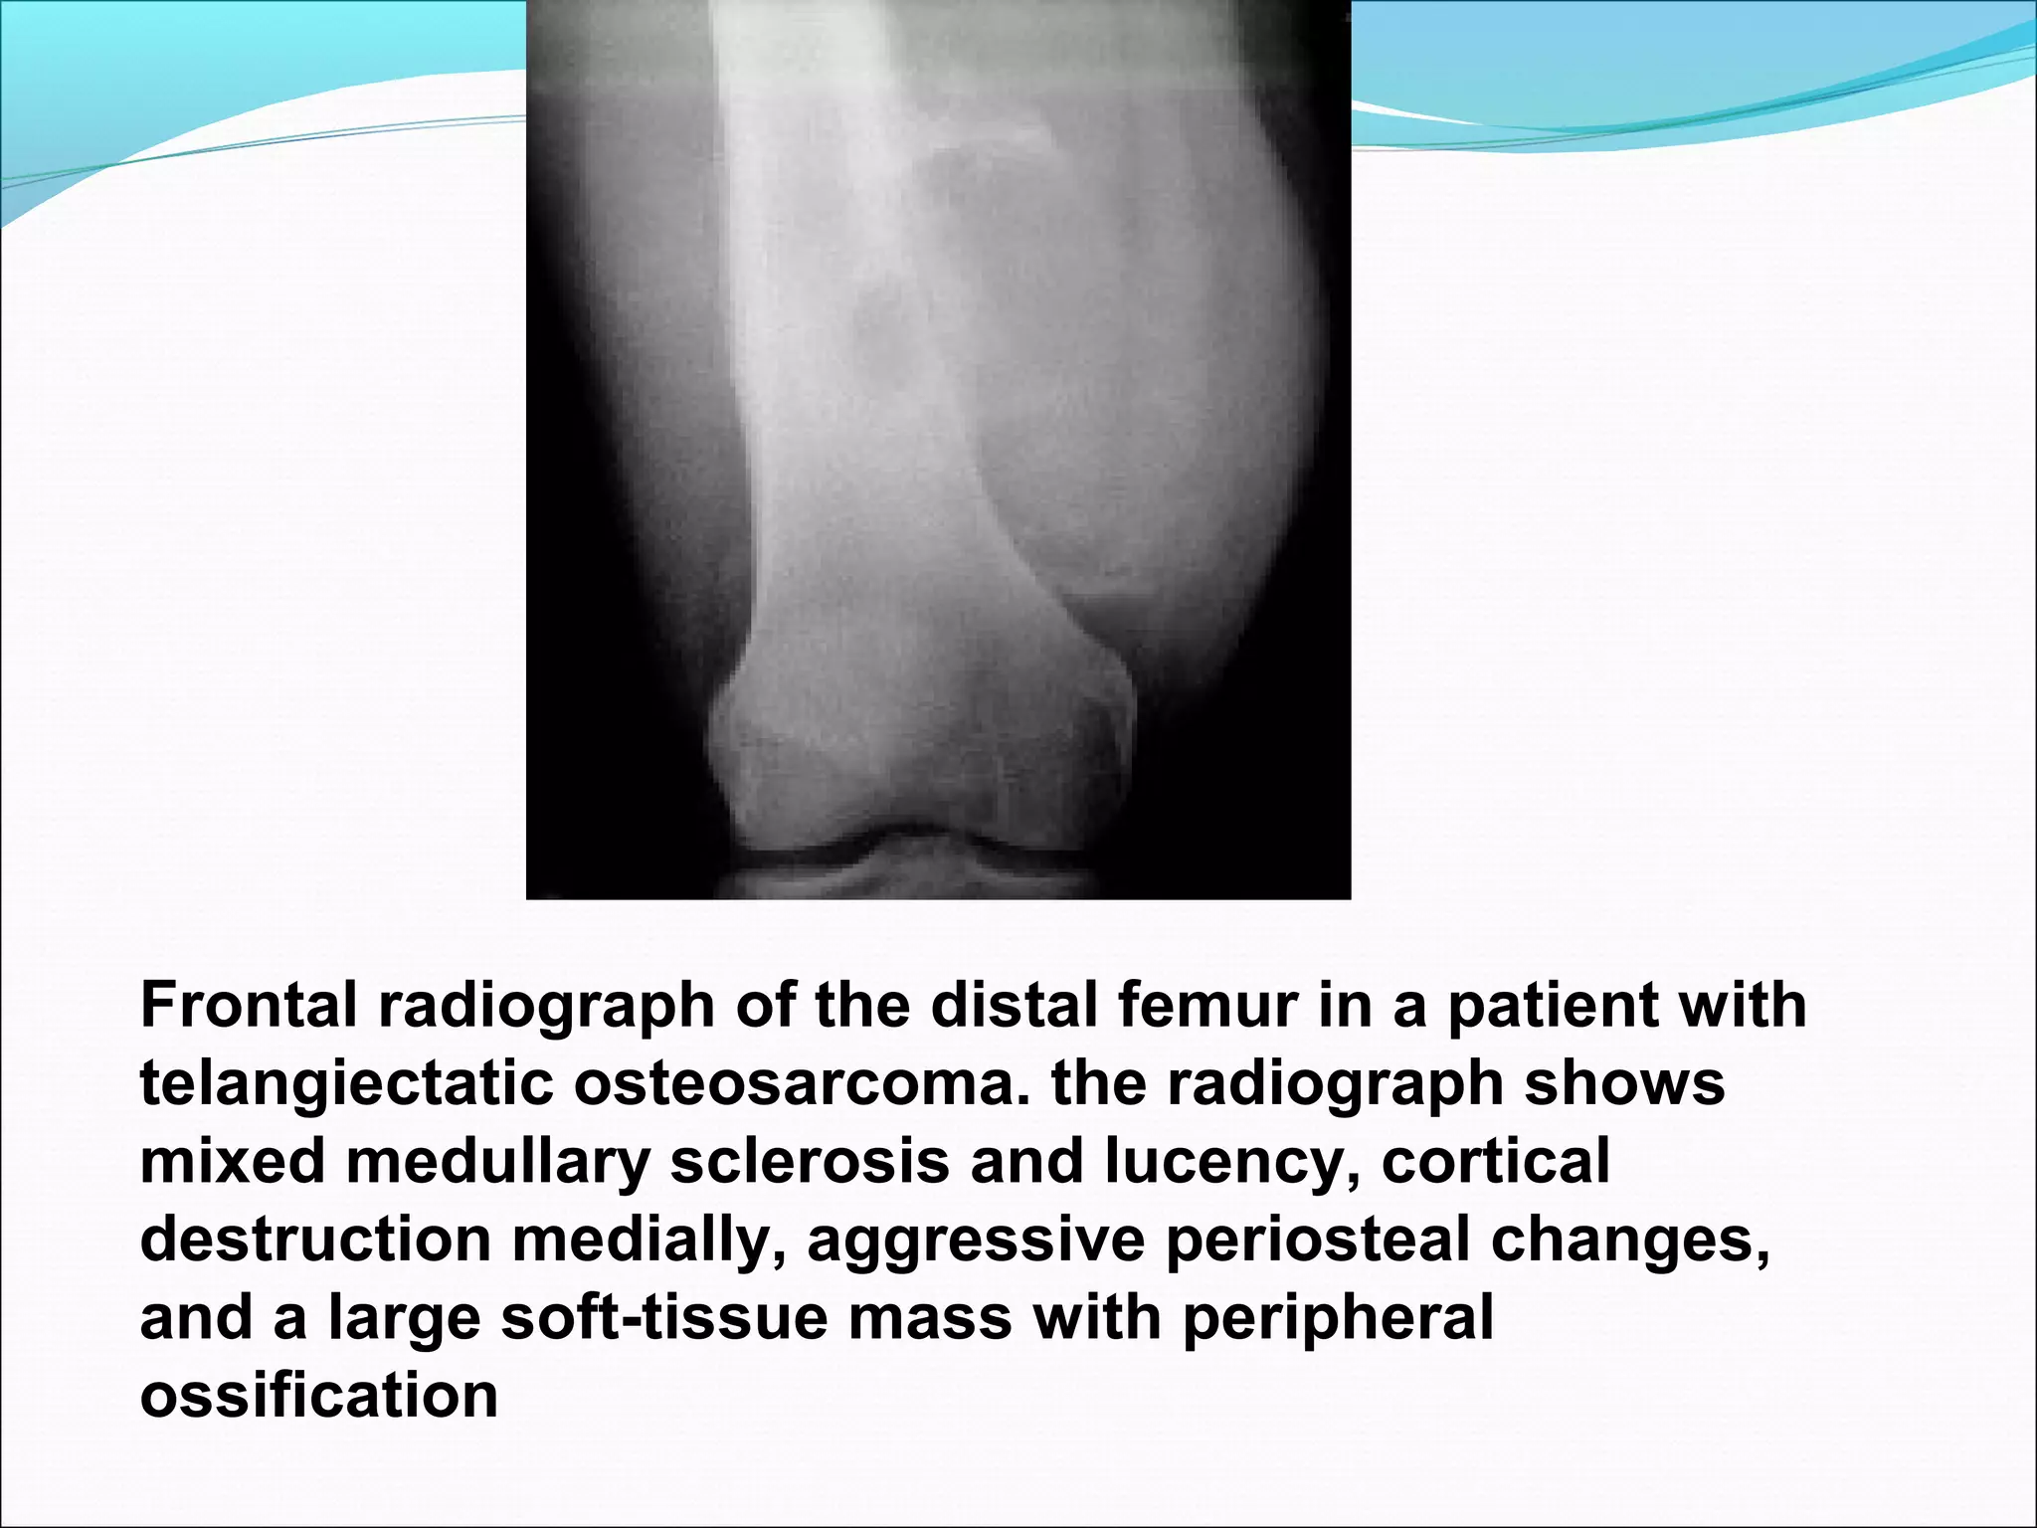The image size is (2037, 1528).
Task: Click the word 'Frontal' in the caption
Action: coord(249,1005)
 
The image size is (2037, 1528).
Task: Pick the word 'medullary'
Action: coord(497,1162)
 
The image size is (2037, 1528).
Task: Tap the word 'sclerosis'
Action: coord(811,1161)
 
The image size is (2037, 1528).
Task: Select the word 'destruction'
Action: coord(316,1240)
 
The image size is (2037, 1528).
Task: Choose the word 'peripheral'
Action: coord(1338,1318)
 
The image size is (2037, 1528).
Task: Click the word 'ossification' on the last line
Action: coord(318,1395)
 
